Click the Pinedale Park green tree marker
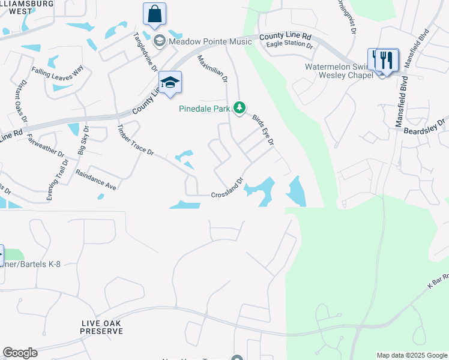[240, 108]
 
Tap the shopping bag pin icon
[155, 14]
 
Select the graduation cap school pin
[170, 83]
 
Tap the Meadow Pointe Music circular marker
[160, 41]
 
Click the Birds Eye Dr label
[263, 130]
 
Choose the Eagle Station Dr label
[289, 45]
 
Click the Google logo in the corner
[20, 353]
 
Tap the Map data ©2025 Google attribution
[412, 355]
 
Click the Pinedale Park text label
[205, 109]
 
